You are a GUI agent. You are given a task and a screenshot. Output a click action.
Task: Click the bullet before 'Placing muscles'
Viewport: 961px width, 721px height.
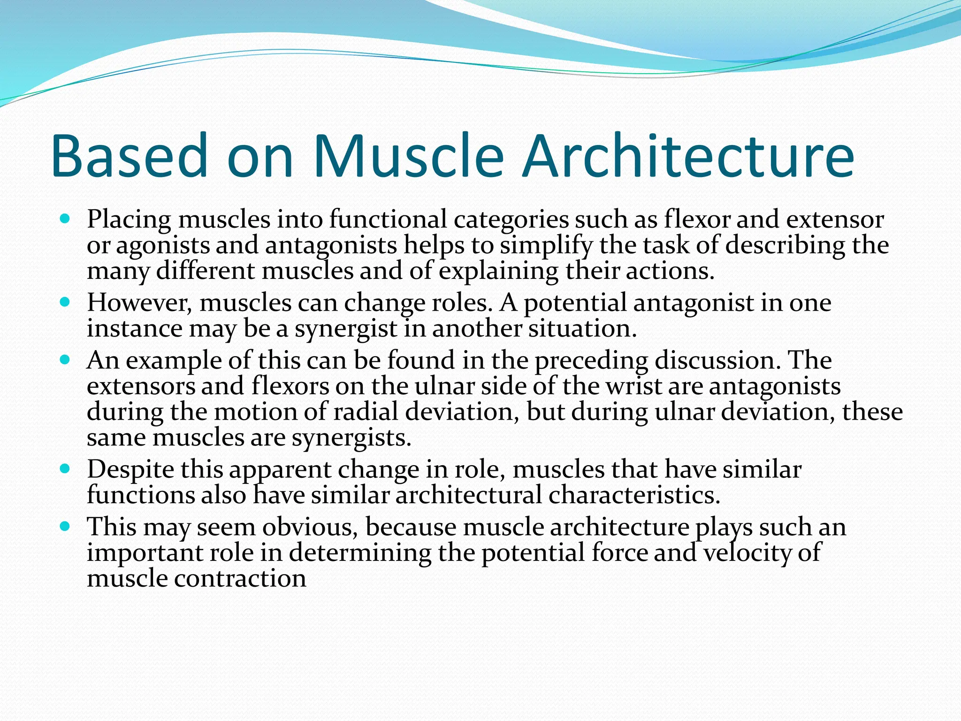[x=65, y=219]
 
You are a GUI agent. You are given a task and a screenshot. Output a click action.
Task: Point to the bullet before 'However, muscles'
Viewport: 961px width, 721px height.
[x=65, y=302]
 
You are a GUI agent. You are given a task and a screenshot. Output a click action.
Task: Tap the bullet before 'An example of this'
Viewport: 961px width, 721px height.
[x=65, y=360]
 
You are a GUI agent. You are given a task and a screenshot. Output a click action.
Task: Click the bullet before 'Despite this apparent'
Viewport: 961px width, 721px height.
[x=65, y=469]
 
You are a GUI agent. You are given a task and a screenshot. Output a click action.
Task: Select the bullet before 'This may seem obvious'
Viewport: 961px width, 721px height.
[x=65, y=527]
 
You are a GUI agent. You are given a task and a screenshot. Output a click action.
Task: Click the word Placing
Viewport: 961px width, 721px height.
[x=129, y=220]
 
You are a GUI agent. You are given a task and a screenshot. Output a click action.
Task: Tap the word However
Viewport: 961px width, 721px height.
[x=139, y=303]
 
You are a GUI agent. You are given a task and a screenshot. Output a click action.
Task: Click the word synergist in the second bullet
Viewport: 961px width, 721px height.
[x=346, y=329]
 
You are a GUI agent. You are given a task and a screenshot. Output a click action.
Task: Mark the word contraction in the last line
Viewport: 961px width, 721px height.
[x=240, y=578]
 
